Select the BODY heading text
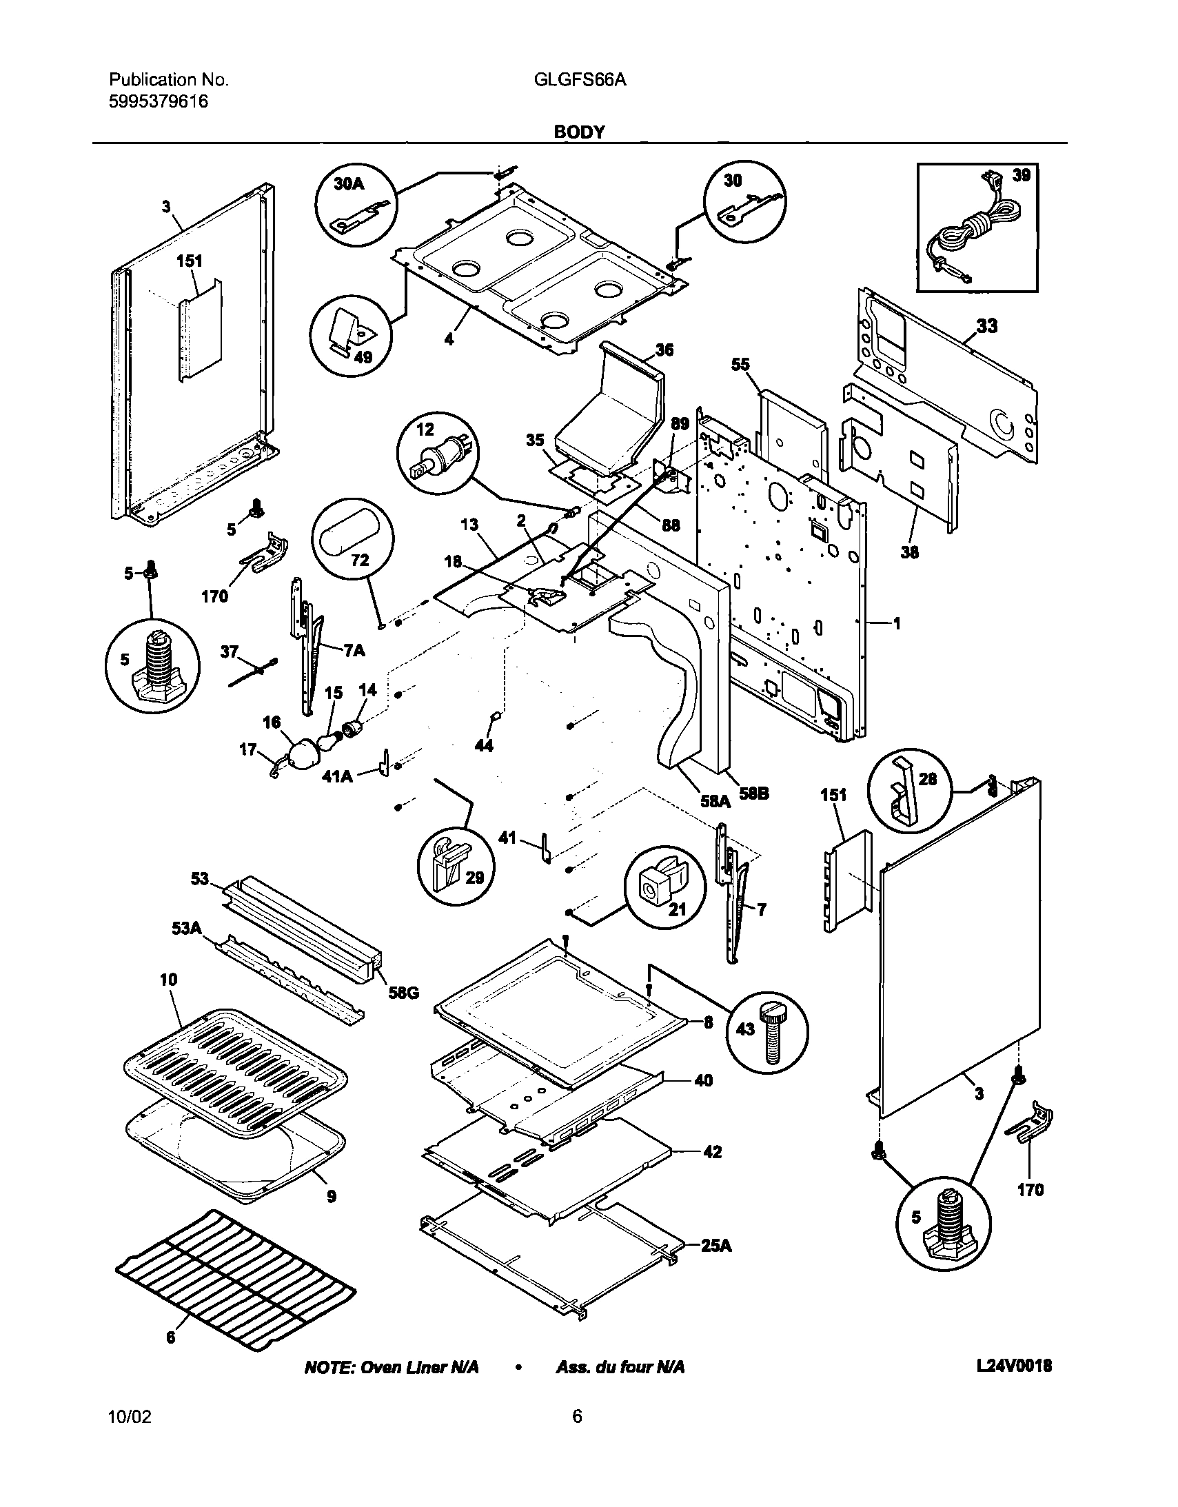pyautogui.click(x=579, y=132)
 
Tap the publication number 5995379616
pyautogui.click(x=159, y=102)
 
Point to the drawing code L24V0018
pyautogui.click(x=1014, y=1366)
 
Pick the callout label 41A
pyautogui.click(x=338, y=776)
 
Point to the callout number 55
pyautogui.click(x=740, y=364)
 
